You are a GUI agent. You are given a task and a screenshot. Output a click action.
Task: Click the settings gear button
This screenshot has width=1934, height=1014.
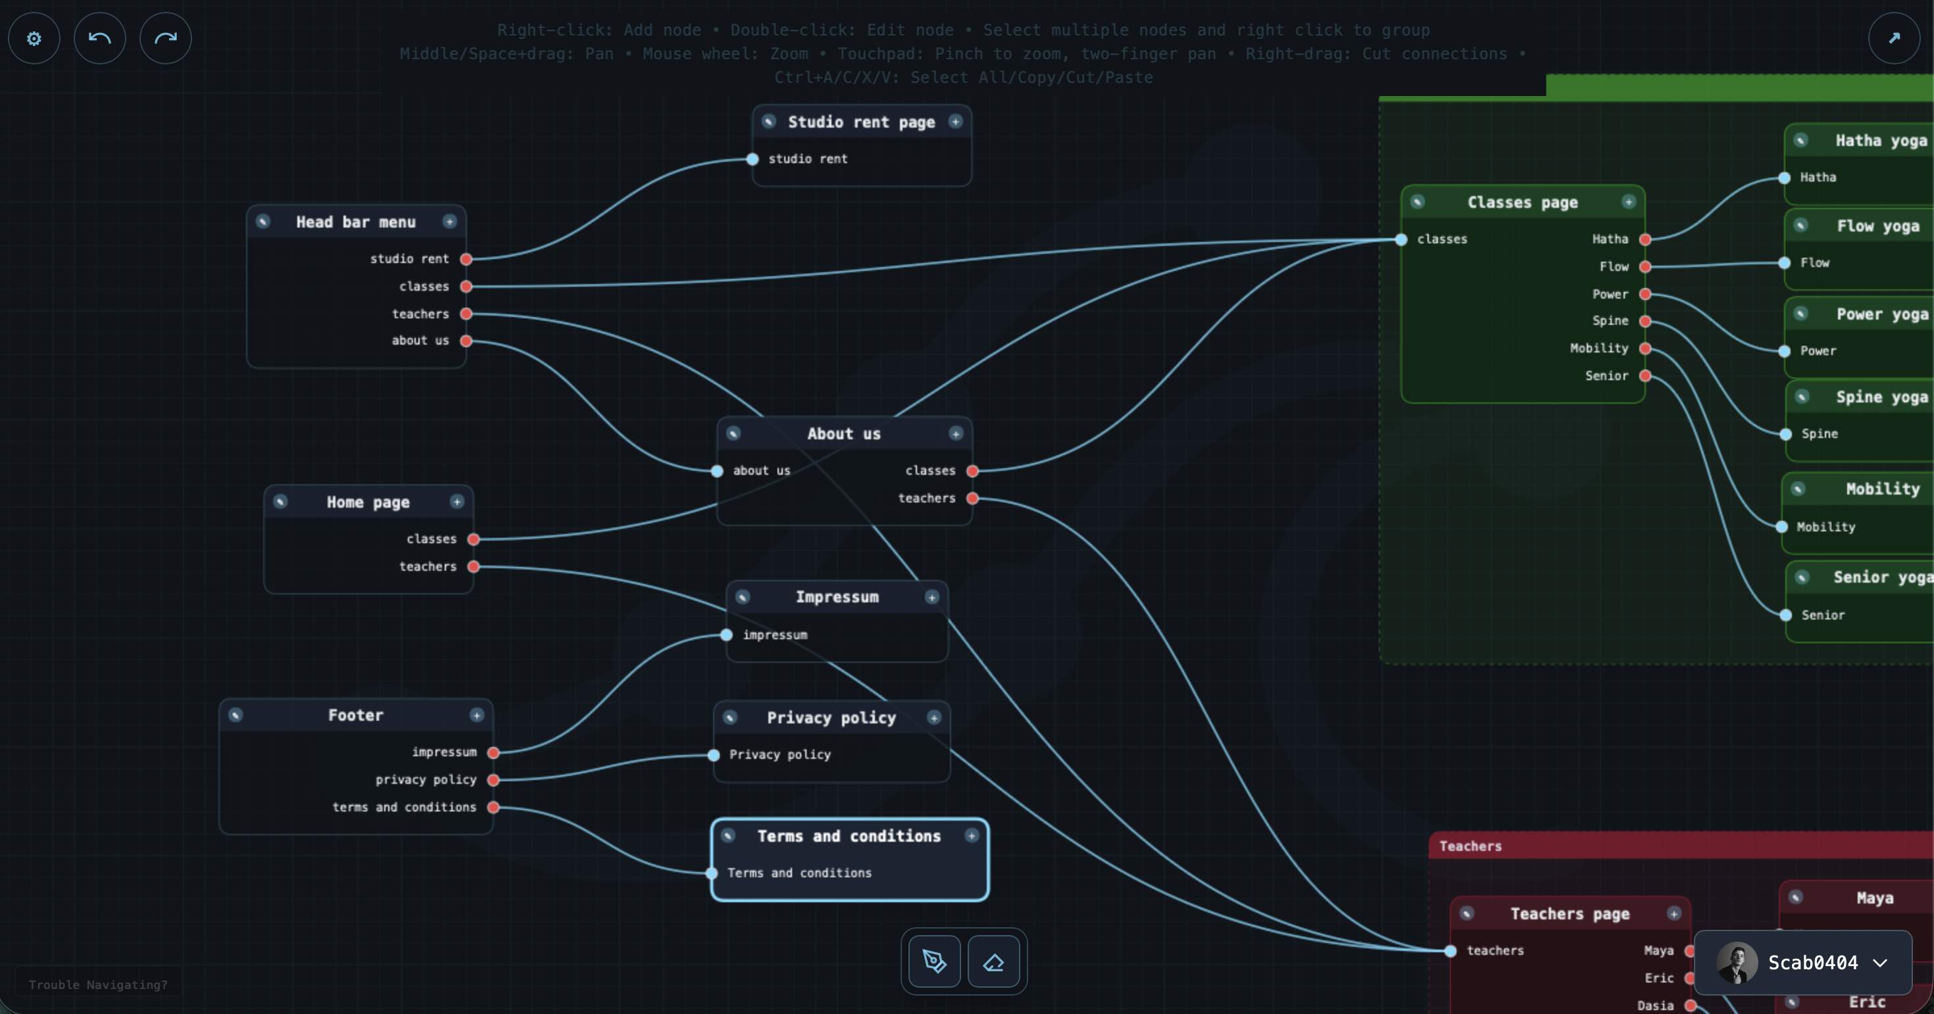pos(34,38)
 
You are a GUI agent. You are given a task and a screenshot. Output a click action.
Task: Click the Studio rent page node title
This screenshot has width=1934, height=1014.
pos(861,122)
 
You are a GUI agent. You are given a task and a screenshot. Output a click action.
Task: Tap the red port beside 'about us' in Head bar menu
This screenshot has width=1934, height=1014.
pos(466,341)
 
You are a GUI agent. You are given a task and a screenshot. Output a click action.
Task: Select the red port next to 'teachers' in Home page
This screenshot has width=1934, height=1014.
pos(474,567)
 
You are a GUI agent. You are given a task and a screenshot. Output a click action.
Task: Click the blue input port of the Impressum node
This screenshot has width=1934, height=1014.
pos(727,635)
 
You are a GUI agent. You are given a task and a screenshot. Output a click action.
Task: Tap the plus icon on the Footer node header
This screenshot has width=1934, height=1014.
pos(477,715)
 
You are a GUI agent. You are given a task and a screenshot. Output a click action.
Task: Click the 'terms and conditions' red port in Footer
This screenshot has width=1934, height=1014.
pos(493,808)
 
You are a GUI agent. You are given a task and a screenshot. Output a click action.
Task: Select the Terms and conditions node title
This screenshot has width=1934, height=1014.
pos(849,836)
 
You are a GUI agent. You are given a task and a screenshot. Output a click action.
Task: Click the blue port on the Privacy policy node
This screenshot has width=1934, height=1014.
pos(714,755)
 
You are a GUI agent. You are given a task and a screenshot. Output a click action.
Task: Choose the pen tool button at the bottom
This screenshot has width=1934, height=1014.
pos(934,961)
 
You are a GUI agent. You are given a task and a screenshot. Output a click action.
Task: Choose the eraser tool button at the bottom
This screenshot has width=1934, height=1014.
pos(993,961)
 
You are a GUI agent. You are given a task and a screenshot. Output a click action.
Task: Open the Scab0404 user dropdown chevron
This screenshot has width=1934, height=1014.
pos(1880,963)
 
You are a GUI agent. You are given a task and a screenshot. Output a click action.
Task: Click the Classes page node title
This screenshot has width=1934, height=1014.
pos(1523,203)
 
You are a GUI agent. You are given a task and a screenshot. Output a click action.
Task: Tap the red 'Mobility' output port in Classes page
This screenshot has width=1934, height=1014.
pos(1645,349)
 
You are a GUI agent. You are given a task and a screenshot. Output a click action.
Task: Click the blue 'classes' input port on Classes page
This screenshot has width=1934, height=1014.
pos(1401,239)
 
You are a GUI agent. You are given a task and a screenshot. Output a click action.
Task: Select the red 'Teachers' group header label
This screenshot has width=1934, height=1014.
pos(1470,846)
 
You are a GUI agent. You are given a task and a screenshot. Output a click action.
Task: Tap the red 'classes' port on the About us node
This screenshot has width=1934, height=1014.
pos(973,471)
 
